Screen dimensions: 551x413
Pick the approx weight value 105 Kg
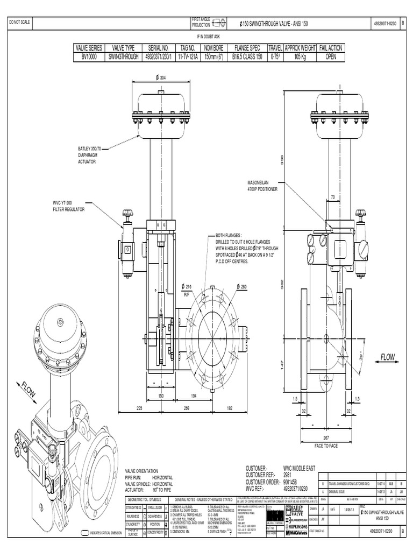click(300, 55)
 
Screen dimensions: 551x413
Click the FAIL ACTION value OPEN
click(330, 55)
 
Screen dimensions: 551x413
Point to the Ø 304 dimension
click(161, 78)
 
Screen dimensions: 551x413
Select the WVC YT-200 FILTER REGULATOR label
click(68, 206)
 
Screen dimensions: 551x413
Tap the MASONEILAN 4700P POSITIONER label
click(262, 186)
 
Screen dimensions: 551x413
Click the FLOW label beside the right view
click(388, 357)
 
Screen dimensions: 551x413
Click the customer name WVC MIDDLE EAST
click(303, 469)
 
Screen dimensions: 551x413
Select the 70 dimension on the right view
click(333, 197)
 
